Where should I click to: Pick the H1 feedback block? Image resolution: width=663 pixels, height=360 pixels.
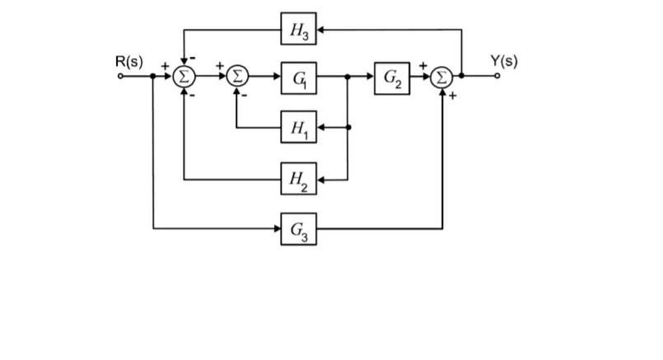tap(298, 128)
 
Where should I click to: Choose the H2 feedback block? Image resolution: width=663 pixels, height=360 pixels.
tap(298, 178)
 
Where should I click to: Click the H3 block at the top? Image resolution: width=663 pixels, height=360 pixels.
tap(298, 30)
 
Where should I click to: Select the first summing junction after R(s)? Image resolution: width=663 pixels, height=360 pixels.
tap(184, 77)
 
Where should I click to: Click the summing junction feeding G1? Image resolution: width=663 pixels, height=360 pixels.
tap(236, 77)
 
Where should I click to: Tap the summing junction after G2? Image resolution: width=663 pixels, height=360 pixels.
tap(443, 77)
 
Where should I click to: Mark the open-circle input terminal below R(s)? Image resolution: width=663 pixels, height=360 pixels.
tap(121, 77)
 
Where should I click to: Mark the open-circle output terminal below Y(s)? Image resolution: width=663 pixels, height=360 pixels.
tap(497, 77)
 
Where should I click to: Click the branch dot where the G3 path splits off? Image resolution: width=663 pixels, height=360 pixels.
tap(154, 77)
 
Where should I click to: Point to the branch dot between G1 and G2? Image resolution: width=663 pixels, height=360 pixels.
tap(348, 77)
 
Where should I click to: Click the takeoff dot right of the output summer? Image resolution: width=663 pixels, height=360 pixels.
tap(461, 77)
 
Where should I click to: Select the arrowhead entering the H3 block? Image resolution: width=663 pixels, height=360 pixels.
tap(321, 30)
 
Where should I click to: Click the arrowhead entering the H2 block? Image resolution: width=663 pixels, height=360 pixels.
tap(321, 178)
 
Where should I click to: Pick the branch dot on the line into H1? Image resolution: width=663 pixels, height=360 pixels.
tap(348, 128)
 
